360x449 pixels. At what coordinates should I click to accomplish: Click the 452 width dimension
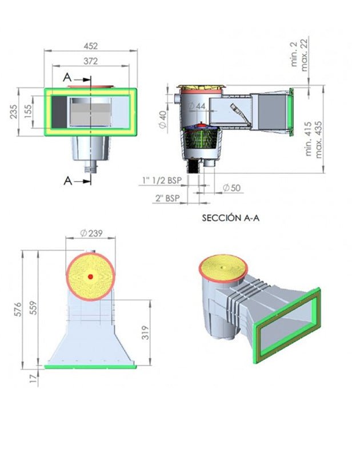[x=90, y=46]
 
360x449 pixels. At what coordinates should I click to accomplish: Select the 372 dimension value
[x=90, y=61]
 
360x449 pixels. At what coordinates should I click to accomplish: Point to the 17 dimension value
[x=33, y=377]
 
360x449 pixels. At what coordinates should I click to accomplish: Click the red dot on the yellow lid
[x=90, y=277]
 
